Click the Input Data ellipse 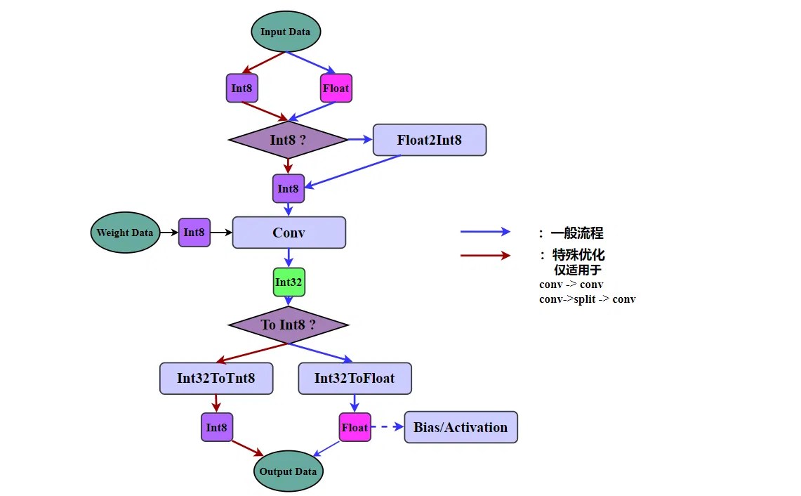coord(286,32)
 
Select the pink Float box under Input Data coord(336,89)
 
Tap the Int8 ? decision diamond coord(288,140)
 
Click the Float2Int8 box coord(429,140)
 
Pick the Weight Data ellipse coord(124,233)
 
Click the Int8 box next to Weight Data coord(194,233)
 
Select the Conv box coord(289,233)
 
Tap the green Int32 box coord(289,282)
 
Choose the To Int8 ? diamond coord(288,325)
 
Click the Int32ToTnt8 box coord(216,379)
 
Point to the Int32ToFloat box coord(355,379)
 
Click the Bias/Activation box coord(461,427)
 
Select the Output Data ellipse coord(288,471)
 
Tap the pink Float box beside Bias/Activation coord(355,427)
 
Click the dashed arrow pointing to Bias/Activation coord(388,427)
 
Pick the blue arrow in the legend coord(485,232)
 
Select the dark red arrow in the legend coord(485,255)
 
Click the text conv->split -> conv coord(587,299)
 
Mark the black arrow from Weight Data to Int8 coord(169,233)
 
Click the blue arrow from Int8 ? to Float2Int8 coord(360,140)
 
